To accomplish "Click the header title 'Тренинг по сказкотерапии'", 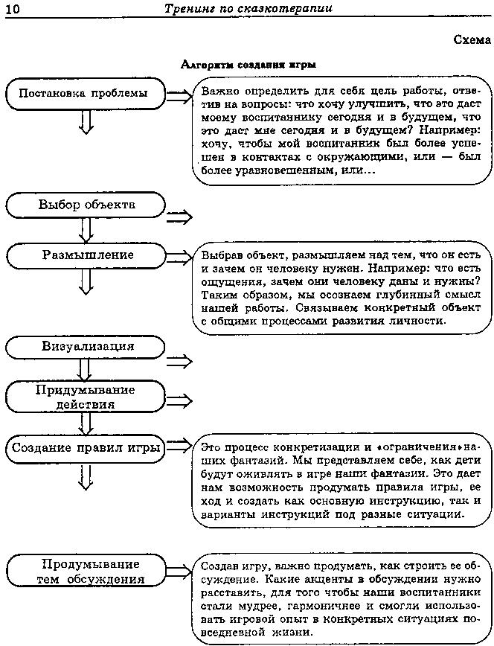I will tap(248, 8).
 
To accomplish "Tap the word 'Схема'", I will tap(472, 40).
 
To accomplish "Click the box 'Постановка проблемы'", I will tap(84, 94).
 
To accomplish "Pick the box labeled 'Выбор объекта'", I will tap(86, 205).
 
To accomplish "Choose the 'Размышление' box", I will tap(86, 255).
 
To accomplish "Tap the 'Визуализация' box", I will tap(86, 347).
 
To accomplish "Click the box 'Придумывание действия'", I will tap(86, 397).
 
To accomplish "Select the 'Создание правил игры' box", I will tap(86, 448).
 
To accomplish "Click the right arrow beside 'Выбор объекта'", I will tap(179, 217).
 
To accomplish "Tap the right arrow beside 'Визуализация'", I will tap(179, 361).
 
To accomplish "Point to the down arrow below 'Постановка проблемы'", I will tap(86, 121).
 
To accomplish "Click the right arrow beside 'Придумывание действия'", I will tap(179, 400).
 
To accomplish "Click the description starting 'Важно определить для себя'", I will tap(342, 130).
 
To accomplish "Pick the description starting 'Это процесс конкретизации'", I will tap(342, 480).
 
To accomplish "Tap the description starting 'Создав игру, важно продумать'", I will tap(342, 598).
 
